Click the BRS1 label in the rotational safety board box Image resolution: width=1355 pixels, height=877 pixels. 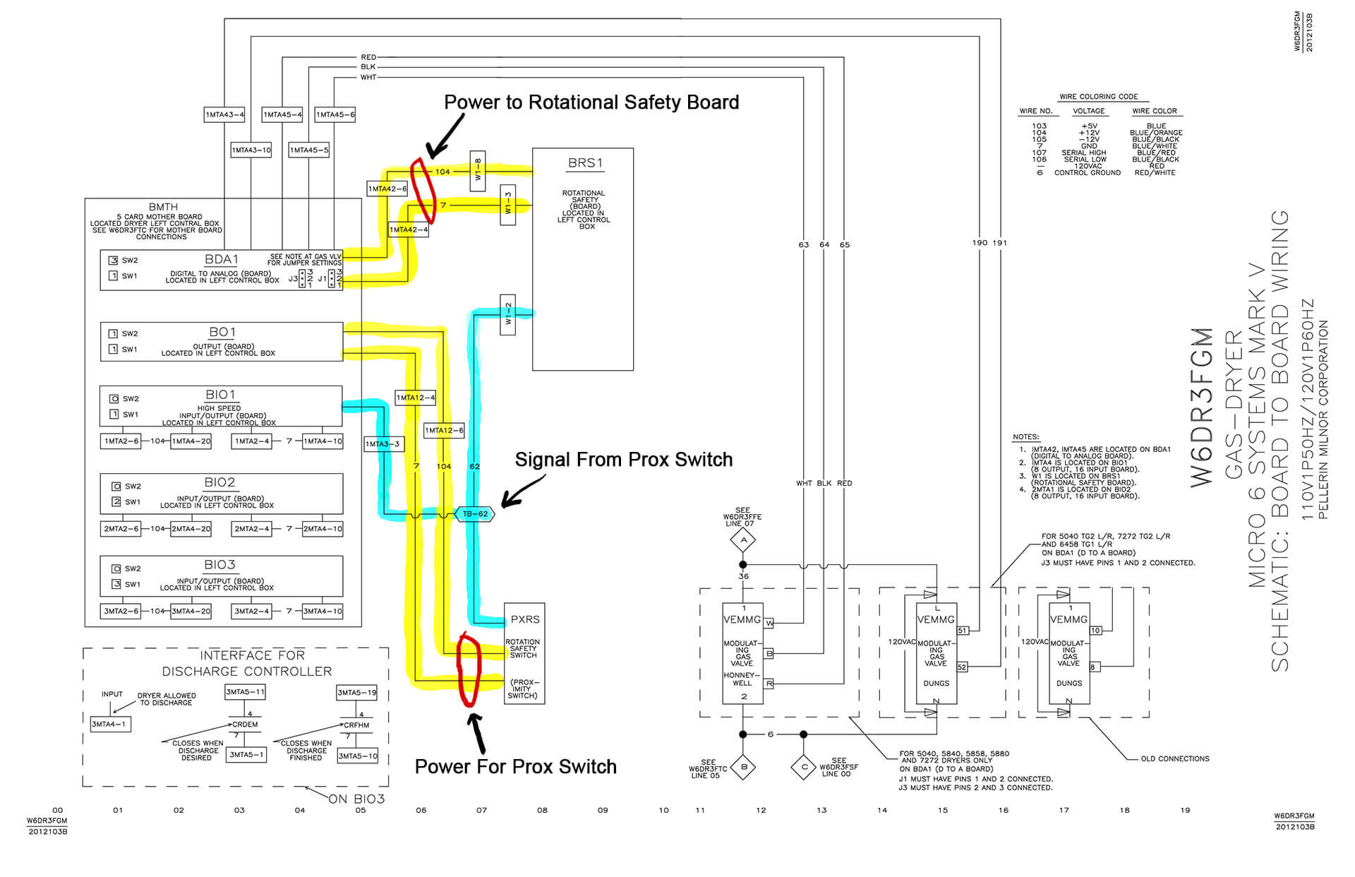pyautogui.click(x=585, y=163)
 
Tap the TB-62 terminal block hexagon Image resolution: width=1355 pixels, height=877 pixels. pyautogui.click(x=474, y=514)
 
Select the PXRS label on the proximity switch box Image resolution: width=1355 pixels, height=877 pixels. pyautogui.click(x=525, y=619)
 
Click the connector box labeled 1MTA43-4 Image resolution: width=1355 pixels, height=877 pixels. pyautogui.click(x=224, y=114)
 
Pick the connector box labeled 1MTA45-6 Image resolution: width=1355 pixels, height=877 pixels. pyautogui.click(x=335, y=114)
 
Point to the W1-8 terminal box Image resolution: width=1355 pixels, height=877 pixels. pyautogui.click(x=478, y=172)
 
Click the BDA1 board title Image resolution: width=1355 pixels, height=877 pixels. pyautogui.click(x=221, y=259)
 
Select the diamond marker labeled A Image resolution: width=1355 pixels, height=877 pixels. pyautogui.click(x=742, y=540)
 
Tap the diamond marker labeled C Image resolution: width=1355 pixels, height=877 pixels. pyautogui.click(x=803, y=767)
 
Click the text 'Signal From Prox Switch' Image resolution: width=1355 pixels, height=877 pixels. pyautogui.click(x=623, y=460)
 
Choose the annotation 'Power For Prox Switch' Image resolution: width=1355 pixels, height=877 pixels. pyautogui.click(x=515, y=767)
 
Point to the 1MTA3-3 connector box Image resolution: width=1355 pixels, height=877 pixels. pyautogui.click(x=383, y=443)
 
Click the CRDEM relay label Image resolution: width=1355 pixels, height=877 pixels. pyautogui.click(x=245, y=724)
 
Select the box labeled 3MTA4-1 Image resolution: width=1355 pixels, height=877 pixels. pyautogui.click(x=111, y=724)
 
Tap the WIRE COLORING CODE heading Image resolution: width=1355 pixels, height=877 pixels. pyautogui.click(x=1098, y=97)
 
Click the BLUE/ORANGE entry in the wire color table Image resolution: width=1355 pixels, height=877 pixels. pyautogui.click(x=1155, y=133)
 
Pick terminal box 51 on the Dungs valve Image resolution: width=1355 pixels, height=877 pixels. pyautogui.click(x=963, y=631)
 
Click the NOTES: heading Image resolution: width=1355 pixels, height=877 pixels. pyautogui.click(x=1025, y=437)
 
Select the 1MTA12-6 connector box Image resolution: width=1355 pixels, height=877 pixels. pyautogui.click(x=444, y=430)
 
